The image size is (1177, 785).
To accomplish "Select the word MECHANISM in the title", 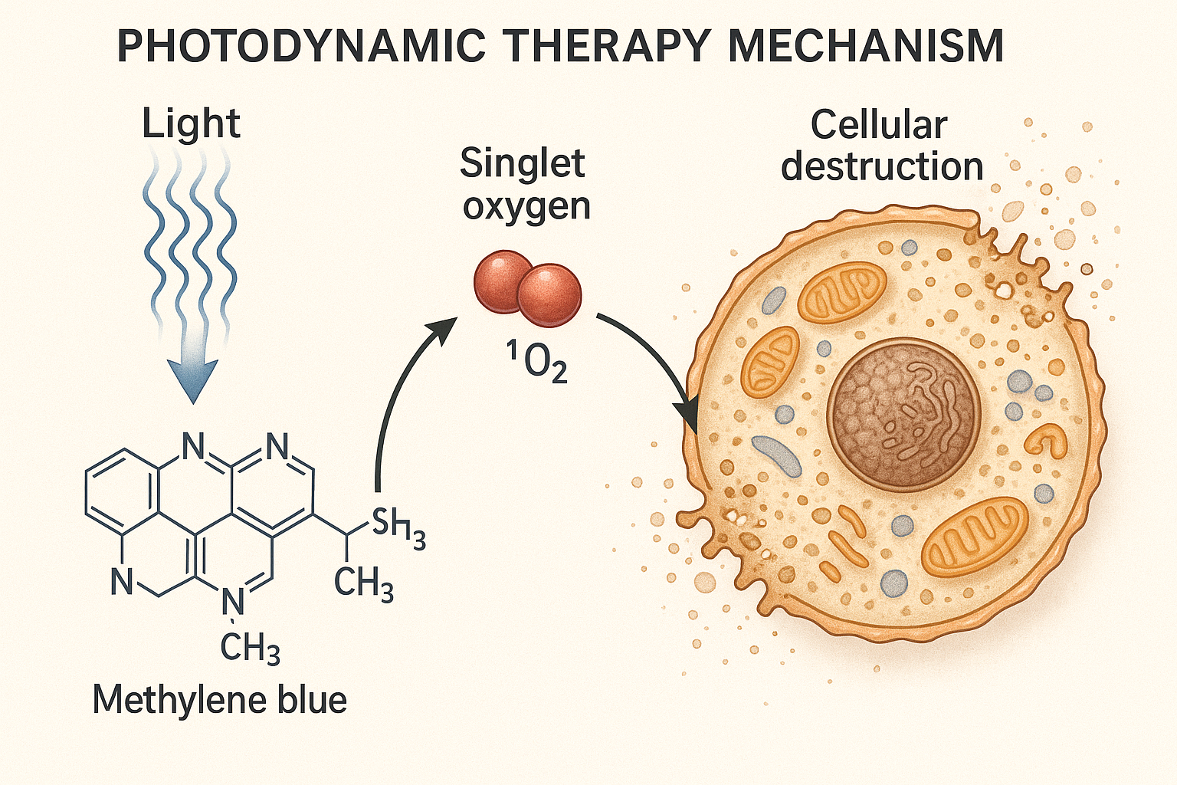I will point(865,45).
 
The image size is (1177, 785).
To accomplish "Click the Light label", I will point(191,123).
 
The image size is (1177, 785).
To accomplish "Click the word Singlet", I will point(523,163).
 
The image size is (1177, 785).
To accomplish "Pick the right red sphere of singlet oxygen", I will point(549,295).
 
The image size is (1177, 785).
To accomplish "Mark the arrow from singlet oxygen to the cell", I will point(651,353).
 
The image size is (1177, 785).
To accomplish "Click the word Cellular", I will point(879,125).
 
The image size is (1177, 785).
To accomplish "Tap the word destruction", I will point(882,166).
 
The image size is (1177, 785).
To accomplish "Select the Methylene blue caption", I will point(220,700).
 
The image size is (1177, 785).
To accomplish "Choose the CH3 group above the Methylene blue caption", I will point(250,649).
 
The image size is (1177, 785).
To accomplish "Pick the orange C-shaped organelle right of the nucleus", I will point(1047,440).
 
